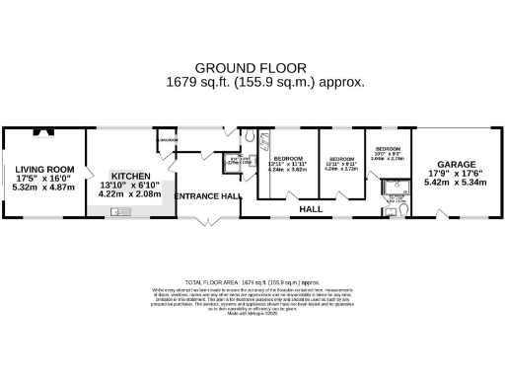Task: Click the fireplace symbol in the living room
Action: pos(40,131)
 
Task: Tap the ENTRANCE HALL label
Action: pos(207,196)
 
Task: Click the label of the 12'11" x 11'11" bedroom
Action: pos(287,159)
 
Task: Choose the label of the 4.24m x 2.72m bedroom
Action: pos(340,159)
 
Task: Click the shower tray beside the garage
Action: pos(397,186)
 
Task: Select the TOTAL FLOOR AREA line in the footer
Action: pos(252,281)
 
